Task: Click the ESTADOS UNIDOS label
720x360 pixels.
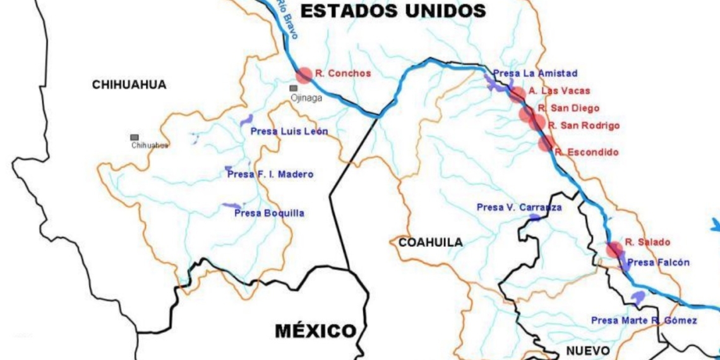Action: click(393, 10)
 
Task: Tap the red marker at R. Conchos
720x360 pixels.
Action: click(304, 75)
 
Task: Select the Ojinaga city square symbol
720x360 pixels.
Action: click(294, 88)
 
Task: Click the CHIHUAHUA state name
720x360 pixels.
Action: click(129, 85)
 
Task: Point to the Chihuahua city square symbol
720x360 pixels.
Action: click(135, 137)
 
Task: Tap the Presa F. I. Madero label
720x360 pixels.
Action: click(270, 174)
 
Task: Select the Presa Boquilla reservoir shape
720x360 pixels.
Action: click(231, 206)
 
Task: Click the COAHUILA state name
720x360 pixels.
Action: click(430, 242)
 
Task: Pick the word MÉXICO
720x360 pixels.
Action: click(315, 330)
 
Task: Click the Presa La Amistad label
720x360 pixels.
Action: click(535, 74)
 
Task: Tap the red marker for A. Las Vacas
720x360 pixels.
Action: click(517, 95)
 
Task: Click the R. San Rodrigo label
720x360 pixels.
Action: click(584, 126)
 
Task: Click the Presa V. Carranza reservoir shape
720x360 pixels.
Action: click(535, 218)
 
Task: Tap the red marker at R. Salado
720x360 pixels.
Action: click(614, 249)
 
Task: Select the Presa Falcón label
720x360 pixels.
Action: click(659, 263)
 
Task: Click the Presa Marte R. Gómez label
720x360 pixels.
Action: click(644, 321)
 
